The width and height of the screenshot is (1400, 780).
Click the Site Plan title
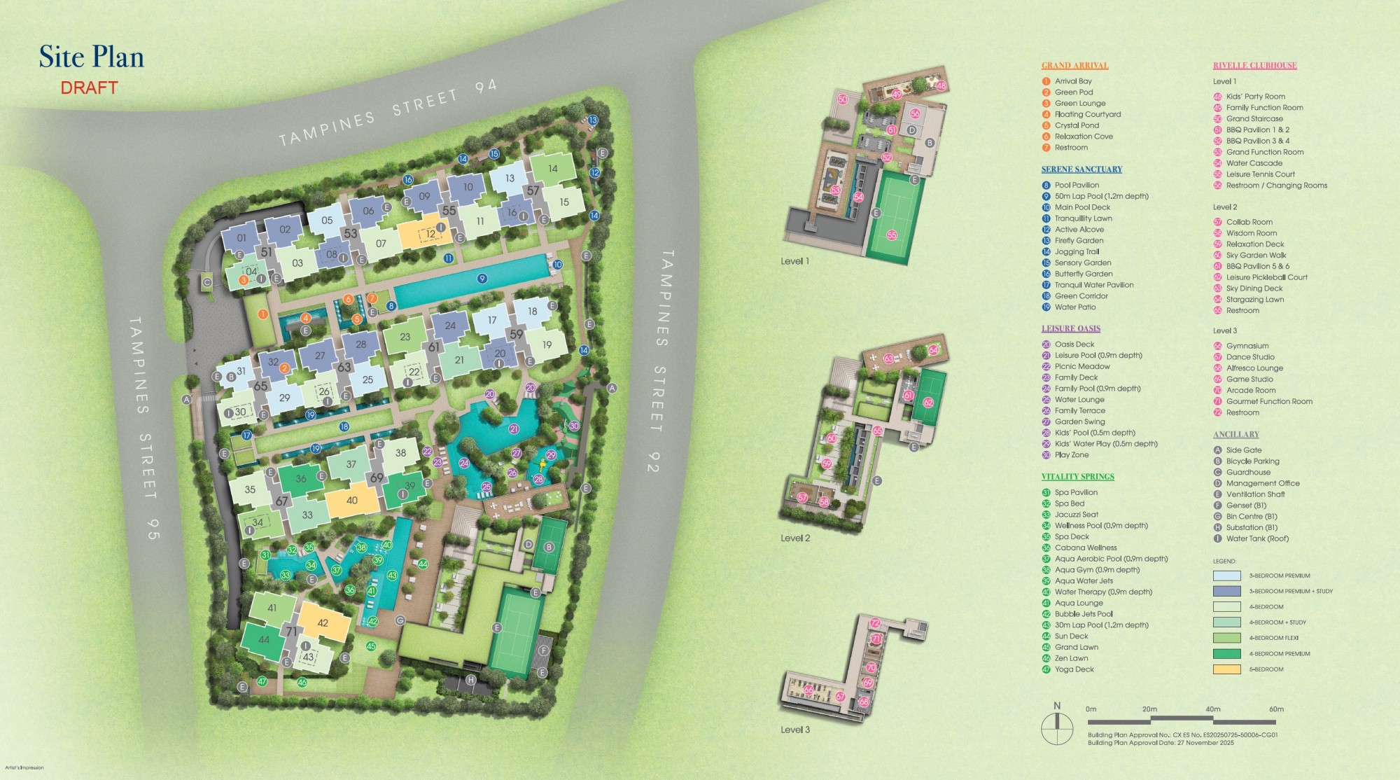pos(91,57)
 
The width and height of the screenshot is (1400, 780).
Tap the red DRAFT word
pos(89,88)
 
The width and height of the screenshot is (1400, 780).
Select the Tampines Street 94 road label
pos(387,113)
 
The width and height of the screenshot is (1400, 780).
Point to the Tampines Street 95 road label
pos(144,427)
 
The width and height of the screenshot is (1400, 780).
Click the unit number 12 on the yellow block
pos(431,234)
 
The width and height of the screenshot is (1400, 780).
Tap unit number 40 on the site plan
pos(351,501)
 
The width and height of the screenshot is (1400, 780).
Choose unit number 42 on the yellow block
pos(323,623)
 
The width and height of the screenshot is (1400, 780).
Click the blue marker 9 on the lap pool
pos(482,279)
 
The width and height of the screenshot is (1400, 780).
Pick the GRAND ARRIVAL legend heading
pos(1074,66)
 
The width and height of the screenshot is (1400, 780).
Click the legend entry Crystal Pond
pos(1077,125)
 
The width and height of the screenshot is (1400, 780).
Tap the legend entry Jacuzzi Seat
pos(1076,515)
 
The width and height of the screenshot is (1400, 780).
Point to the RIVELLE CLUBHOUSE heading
pos(1254,66)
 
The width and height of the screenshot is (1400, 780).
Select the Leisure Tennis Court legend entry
pos(1260,174)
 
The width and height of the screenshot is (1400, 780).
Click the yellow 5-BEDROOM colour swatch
pos(1226,669)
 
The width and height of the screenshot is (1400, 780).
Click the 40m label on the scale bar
pos(1212,709)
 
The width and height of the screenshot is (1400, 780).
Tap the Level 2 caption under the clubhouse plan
pos(795,538)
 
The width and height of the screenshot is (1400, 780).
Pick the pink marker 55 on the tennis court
pos(892,235)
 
